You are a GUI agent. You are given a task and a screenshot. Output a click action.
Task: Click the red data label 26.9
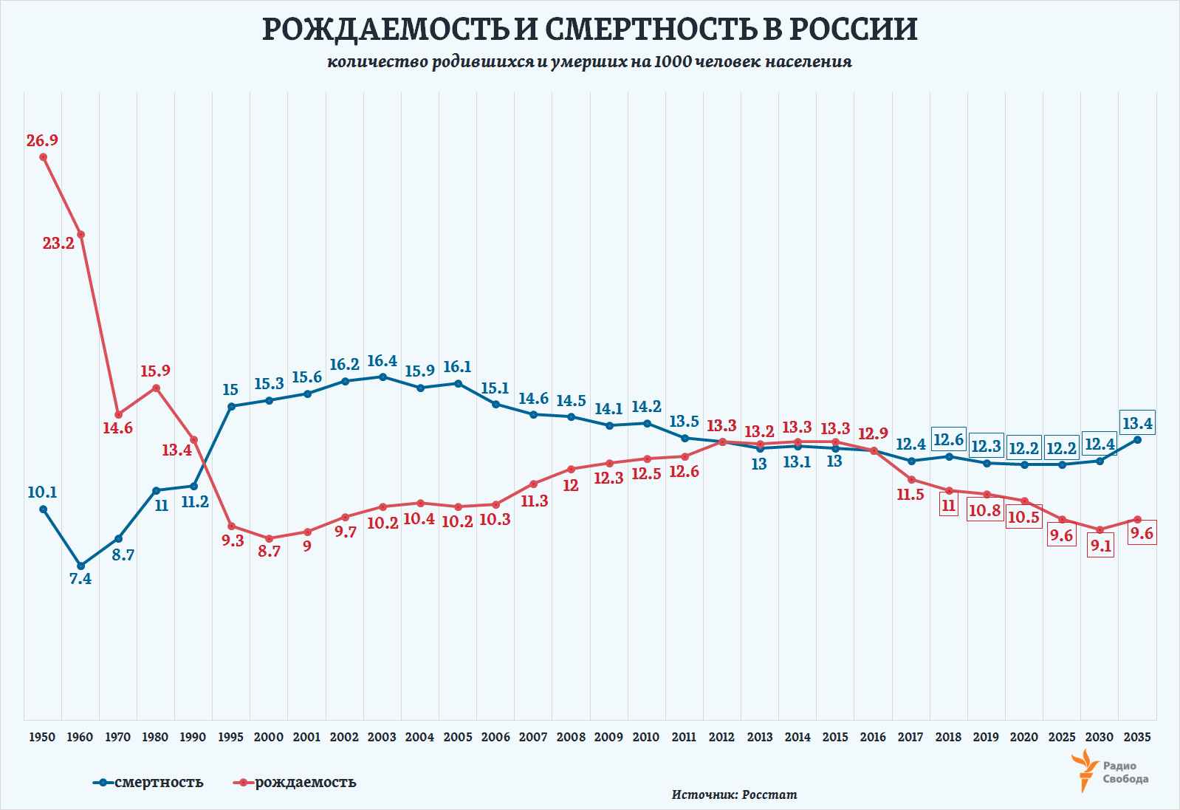pos(42,140)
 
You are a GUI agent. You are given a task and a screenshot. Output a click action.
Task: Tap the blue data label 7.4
pos(80,579)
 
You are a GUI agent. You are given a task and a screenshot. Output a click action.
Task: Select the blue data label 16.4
pos(382,361)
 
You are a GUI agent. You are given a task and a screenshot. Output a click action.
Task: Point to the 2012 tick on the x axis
pos(721,737)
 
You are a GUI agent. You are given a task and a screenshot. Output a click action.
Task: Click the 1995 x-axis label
pos(230,737)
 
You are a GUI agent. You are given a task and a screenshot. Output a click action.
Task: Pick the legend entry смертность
pos(158,782)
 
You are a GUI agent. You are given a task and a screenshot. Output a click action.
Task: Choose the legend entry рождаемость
pos(305,782)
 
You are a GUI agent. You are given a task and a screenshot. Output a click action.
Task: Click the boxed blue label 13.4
pos(1137,423)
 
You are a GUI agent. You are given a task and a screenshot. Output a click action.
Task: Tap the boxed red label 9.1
pos(1100,546)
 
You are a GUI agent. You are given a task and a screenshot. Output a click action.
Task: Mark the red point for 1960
pos(81,235)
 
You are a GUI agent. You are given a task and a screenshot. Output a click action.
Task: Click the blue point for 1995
pos(231,406)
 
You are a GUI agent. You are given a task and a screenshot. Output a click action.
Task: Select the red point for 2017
pos(911,479)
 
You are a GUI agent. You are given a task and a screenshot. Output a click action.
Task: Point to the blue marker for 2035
pos(1137,439)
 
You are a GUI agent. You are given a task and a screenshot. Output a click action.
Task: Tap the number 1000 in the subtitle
pos(673,62)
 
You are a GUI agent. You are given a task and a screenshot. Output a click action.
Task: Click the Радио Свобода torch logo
pos(1085,770)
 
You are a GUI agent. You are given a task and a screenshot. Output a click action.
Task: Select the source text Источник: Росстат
pos(734,794)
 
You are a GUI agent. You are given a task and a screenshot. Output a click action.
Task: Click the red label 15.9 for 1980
pos(155,371)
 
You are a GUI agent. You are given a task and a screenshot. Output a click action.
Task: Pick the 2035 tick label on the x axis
pos(1137,737)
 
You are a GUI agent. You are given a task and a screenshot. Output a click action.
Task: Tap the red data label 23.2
pos(58,243)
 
